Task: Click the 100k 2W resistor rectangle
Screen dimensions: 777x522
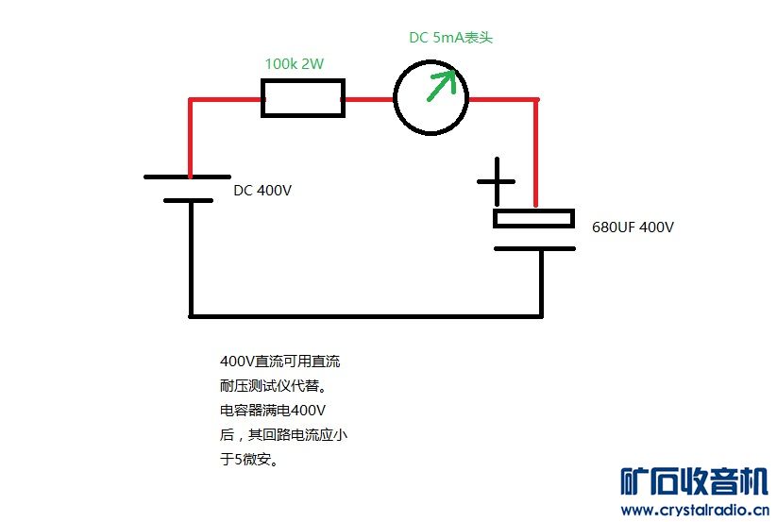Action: click(303, 98)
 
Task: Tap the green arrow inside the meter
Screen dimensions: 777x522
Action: click(441, 85)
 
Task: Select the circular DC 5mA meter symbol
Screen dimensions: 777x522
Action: click(431, 97)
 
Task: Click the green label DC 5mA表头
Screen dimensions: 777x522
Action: click(450, 38)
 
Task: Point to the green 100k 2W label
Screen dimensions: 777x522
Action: click(295, 63)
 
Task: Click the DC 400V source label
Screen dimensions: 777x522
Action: click(262, 190)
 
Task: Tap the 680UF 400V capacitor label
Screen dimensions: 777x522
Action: click(633, 227)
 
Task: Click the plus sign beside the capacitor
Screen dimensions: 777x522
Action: click(496, 182)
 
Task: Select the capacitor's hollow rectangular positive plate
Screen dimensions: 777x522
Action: click(533, 218)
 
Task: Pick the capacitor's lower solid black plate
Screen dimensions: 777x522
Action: click(534, 248)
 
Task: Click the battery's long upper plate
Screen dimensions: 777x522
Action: click(187, 177)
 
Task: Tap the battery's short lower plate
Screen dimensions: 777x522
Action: click(188, 200)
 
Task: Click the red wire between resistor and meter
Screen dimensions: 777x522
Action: click(369, 99)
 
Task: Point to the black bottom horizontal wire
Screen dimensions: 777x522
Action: click(366, 315)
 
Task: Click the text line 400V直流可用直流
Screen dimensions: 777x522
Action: click(280, 361)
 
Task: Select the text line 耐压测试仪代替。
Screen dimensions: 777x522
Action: click(274, 386)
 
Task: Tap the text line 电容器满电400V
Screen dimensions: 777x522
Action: click(273, 410)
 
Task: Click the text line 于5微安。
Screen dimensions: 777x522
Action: click(249, 459)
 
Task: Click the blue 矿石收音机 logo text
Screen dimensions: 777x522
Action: click(694, 480)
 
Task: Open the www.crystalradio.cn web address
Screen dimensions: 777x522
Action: click(695, 510)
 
